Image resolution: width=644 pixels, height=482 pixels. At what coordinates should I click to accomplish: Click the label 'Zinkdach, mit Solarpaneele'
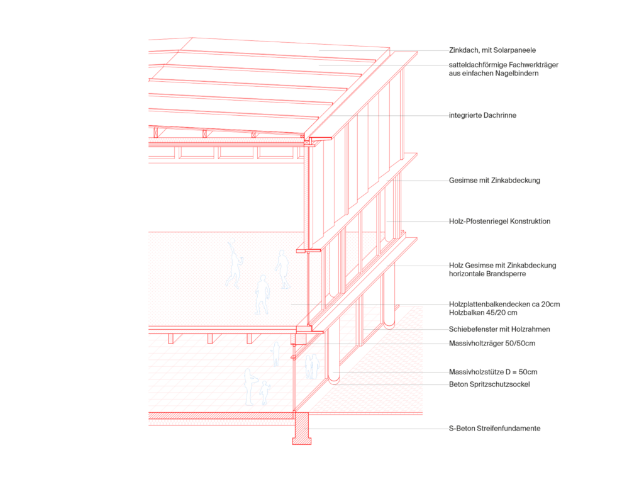click(492, 50)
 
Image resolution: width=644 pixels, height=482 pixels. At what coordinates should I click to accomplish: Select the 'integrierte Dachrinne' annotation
click(482, 116)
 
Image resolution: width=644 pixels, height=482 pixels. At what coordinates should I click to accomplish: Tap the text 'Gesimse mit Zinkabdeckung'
click(494, 181)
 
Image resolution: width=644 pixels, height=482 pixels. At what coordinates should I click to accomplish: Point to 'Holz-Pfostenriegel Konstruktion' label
click(499, 221)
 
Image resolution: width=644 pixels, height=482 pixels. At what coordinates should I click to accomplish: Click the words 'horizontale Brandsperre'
click(487, 274)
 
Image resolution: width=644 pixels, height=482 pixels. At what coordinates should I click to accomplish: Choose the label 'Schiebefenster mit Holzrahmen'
click(499, 329)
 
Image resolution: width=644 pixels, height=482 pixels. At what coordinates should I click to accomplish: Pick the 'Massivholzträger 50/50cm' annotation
click(492, 344)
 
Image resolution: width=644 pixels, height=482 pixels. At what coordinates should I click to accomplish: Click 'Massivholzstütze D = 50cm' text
click(493, 372)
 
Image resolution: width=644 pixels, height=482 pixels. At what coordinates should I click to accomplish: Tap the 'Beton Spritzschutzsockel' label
click(489, 384)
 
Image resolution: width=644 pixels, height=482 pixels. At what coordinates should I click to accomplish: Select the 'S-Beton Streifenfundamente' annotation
click(494, 429)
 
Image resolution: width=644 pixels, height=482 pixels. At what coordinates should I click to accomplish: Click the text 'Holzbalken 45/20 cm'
click(483, 313)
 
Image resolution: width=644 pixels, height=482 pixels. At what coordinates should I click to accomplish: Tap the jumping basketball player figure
click(235, 264)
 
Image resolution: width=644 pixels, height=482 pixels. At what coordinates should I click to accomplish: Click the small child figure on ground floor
click(265, 393)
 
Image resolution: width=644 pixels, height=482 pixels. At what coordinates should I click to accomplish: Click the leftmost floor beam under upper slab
click(171, 338)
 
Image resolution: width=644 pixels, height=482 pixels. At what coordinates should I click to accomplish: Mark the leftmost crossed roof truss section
click(156, 132)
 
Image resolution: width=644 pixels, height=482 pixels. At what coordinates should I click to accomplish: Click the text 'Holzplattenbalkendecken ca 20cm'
click(504, 305)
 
